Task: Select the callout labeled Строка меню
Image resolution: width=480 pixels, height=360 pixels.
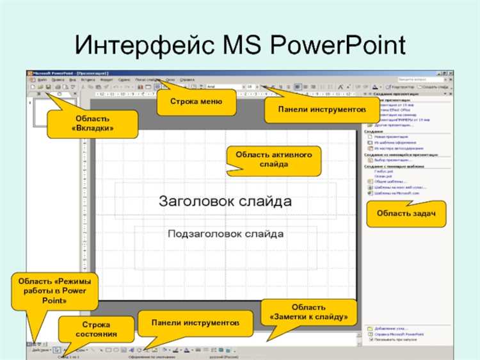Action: coord(196,101)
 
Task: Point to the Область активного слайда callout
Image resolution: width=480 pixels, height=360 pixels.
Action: coord(273,160)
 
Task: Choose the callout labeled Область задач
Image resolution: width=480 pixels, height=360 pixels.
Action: coord(401,213)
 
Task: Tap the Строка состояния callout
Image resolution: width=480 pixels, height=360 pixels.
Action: coord(96,330)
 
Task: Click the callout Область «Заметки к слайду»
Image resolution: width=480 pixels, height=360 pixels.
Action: coord(308,313)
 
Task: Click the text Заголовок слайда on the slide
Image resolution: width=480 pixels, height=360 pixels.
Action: coord(225,201)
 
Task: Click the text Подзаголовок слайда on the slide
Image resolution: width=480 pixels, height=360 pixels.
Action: coord(225,234)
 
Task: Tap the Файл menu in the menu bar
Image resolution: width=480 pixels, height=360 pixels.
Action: coord(42,79)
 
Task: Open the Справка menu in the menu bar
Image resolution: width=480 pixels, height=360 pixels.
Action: coord(187,79)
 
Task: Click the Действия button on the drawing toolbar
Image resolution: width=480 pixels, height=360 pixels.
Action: coord(39,350)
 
